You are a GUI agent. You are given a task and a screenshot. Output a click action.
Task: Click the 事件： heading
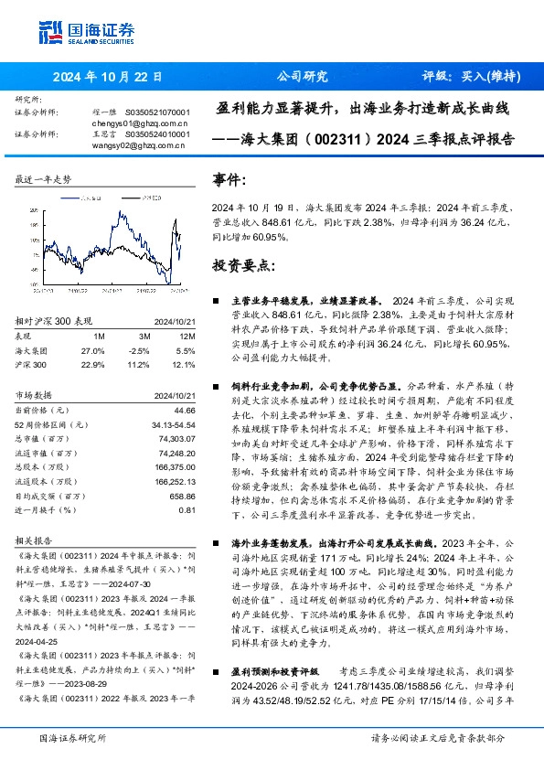229,180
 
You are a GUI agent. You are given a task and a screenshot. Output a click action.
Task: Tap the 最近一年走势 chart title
43,180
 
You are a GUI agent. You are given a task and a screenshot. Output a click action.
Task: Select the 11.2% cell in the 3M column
139,366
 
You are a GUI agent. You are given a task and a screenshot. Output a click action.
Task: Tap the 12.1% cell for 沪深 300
184,366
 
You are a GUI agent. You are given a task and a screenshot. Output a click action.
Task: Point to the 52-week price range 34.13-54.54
172,425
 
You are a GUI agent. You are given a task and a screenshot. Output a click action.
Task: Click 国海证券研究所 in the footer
73,738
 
